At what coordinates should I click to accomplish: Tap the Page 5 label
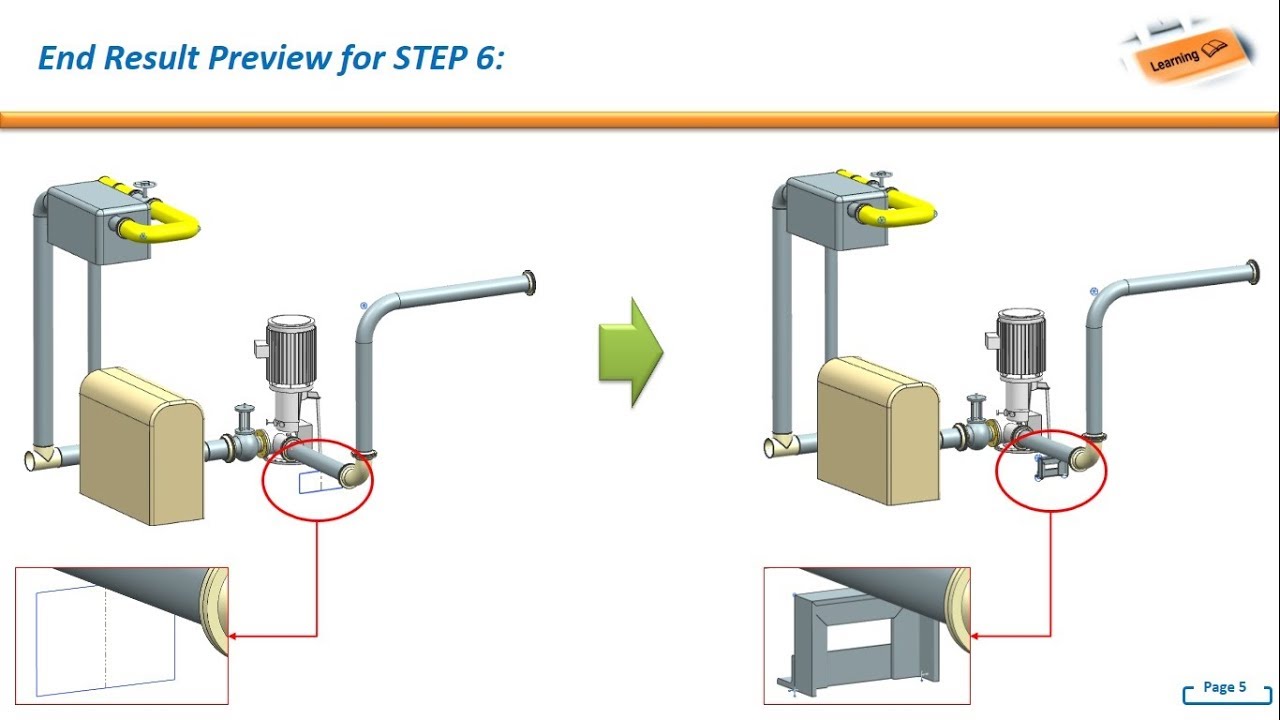[1224, 687]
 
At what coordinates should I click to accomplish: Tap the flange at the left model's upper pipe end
[528, 284]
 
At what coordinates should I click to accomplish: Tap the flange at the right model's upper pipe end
[1252, 272]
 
